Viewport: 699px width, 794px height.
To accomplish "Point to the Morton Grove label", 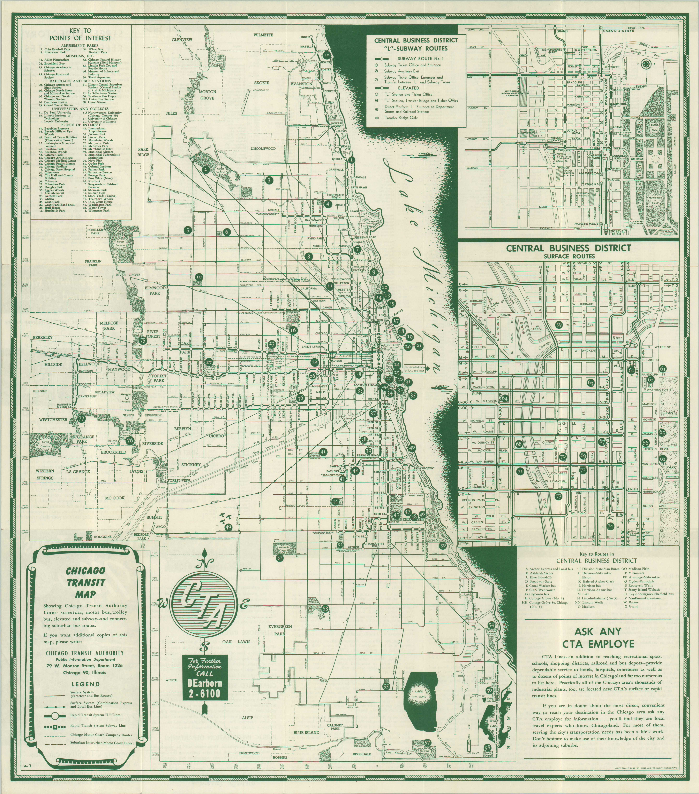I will click(207, 95).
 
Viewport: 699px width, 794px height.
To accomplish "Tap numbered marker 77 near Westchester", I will click(81, 419).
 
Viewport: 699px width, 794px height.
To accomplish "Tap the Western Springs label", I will click(45, 474).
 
